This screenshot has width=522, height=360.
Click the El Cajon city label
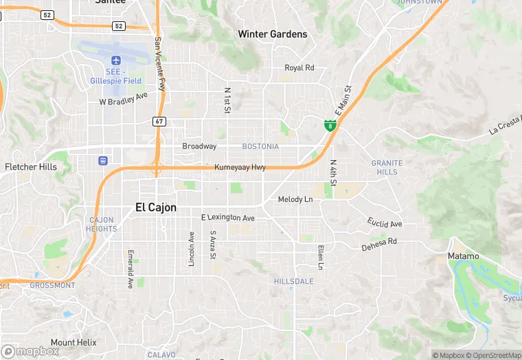click(156, 207)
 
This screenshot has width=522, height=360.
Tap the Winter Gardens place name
click(272, 34)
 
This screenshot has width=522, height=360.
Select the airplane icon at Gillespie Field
click(115, 60)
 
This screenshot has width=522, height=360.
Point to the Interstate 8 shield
click(330, 125)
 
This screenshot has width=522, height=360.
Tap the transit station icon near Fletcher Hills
click(103, 161)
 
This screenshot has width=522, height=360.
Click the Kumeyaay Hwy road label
click(240, 167)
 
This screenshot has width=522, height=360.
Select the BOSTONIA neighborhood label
click(260, 146)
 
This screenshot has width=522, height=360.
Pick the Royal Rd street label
click(299, 67)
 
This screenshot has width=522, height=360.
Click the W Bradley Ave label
click(124, 101)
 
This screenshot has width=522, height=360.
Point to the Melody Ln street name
click(295, 199)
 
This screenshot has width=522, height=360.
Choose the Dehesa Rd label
click(379, 243)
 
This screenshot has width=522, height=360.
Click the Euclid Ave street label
click(385, 223)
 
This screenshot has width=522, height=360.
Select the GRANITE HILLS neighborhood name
click(387, 167)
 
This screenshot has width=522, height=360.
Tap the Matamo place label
click(463, 256)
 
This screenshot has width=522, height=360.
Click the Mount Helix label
click(73, 342)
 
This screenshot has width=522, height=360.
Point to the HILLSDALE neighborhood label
click(293, 282)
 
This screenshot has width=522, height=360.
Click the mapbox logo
click(31, 350)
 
